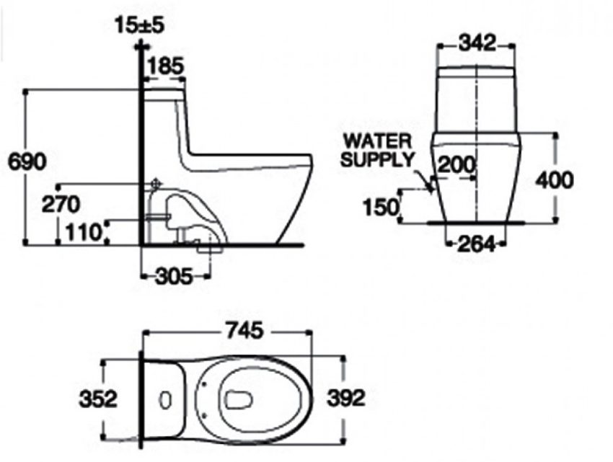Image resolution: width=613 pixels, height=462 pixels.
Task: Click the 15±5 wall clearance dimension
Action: pyautogui.click(x=140, y=25)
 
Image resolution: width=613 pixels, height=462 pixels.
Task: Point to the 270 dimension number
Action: pyautogui.click(x=60, y=205)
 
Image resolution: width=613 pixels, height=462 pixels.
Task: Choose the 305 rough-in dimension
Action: pyautogui.click(x=175, y=275)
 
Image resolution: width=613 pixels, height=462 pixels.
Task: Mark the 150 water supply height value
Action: pyautogui.click(x=381, y=208)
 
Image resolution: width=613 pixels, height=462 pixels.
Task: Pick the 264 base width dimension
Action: pyautogui.click(x=477, y=245)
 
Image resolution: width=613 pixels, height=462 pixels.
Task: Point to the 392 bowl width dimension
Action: pyautogui.click(x=345, y=397)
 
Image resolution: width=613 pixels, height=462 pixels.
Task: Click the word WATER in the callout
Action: pyautogui.click(x=377, y=139)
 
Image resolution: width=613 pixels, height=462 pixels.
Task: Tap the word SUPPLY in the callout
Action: pyautogui.click(x=377, y=159)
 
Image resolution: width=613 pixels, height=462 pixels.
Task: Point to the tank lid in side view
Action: pyautogui.click(x=164, y=92)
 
